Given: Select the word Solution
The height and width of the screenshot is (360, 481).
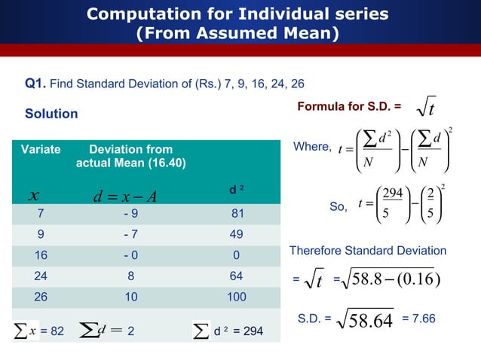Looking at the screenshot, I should coord(51,114).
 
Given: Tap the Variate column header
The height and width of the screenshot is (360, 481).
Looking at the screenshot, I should coord(40,149).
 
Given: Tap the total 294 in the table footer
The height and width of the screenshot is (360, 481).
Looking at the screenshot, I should coord(253,330).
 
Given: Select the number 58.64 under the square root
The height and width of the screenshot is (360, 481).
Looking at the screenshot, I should coord(372,323).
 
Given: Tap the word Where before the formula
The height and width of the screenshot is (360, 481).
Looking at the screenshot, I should coord(309,148).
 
